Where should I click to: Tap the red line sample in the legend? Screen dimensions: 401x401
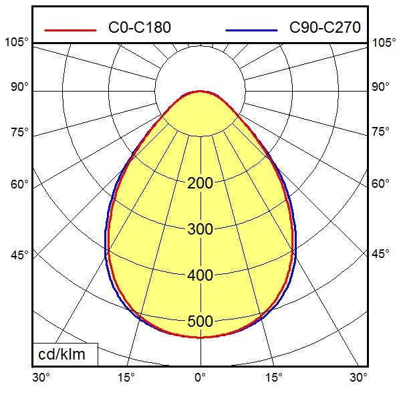70,29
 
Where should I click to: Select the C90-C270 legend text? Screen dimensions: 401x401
325,27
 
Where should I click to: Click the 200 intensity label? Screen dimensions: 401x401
200,183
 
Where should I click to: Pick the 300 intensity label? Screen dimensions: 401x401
200,229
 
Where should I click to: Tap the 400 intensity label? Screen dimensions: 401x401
200,275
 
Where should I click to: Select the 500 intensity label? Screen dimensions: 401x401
200,321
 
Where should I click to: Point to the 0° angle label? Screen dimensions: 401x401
200,378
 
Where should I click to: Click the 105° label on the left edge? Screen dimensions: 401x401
17,43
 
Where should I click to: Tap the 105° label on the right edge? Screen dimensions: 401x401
384,43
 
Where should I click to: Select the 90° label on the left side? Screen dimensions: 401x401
19,87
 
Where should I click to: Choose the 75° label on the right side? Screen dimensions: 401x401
380,132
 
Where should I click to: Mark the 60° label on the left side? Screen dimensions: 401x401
19,184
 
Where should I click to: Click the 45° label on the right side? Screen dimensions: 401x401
380,254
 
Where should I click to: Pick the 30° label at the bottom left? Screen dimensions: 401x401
41,378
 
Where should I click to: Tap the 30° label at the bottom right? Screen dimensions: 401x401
359,378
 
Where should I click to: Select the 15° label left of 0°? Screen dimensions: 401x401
126,378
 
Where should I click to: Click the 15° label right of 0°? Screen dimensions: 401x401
273,378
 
